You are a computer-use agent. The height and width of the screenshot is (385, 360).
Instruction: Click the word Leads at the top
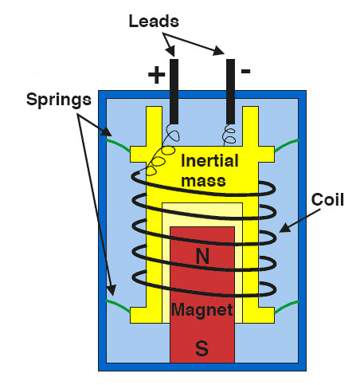pyautogui.click(x=154, y=21)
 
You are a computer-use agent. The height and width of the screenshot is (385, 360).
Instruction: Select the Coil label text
pyautogui.click(x=327, y=199)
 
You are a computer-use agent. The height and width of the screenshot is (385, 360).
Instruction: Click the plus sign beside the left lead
pyautogui.click(x=156, y=75)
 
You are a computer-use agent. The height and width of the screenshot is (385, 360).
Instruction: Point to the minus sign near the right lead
pyautogui.click(x=245, y=71)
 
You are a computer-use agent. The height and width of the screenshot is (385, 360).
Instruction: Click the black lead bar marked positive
pyautogui.click(x=174, y=92)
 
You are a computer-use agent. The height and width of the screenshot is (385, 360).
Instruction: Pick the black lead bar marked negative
pyautogui.click(x=230, y=92)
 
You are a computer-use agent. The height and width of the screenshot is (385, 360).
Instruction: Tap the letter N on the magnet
pyautogui.click(x=202, y=256)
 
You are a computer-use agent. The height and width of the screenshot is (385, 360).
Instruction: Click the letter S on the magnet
pyautogui.click(x=202, y=348)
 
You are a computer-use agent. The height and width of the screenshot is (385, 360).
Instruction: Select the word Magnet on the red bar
pyautogui.click(x=202, y=310)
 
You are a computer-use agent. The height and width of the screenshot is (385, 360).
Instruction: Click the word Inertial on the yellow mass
pyautogui.click(x=209, y=161)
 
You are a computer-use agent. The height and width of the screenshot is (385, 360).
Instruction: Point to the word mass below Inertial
pyautogui.click(x=203, y=181)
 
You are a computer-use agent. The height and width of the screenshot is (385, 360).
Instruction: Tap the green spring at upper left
pyautogui.click(x=118, y=143)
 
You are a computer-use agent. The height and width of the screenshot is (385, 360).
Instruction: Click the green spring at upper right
pyautogui.click(x=286, y=145)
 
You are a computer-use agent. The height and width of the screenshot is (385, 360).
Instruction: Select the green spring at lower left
pyautogui.click(x=118, y=305)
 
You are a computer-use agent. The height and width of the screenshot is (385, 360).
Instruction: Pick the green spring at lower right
pyautogui.click(x=287, y=307)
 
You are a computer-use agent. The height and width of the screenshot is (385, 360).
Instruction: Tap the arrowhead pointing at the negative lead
pyautogui.click(x=219, y=50)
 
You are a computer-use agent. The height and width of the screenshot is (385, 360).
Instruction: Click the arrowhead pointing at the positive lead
pyautogui.click(x=170, y=50)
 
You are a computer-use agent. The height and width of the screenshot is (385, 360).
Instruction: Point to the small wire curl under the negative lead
pyautogui.click(x=229, y=136)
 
